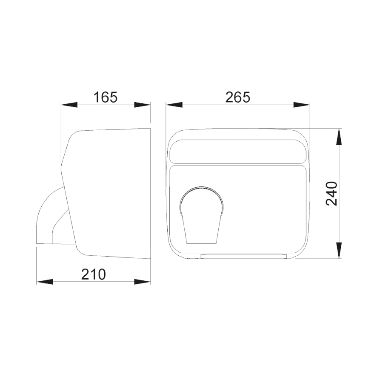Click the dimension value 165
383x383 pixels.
click(106, 97)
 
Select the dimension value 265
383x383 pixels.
click(237, 97)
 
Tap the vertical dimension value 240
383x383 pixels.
click(332, 194)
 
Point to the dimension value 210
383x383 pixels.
click(93, 274)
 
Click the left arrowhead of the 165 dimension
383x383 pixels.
click(69, 105)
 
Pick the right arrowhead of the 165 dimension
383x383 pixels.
click(142, 105)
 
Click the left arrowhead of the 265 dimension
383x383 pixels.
click(174, 105)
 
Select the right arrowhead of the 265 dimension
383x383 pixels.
click(301, 105)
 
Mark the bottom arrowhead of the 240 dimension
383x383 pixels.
click(339, 250)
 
